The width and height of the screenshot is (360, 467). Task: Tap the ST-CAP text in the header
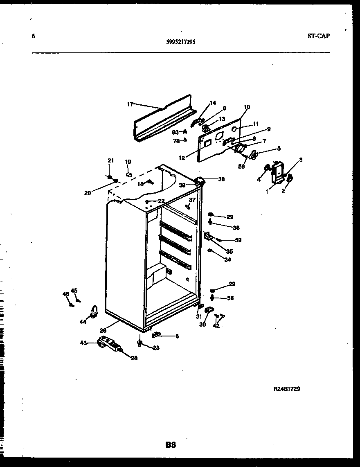(318, 36)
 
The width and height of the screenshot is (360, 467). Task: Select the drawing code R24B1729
(286, 389)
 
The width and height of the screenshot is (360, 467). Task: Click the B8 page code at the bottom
(171, 444)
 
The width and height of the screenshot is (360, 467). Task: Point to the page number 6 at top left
(33, 36)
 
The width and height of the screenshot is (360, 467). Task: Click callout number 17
(130, 104)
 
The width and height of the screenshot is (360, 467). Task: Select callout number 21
(110, 160)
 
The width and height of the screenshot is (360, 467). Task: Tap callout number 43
(84, 343)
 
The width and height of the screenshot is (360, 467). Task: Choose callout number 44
(83, 322)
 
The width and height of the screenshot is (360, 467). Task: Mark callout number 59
(238, 240)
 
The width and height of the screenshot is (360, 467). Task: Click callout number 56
(230, 298)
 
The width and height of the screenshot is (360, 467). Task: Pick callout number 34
(228, 259)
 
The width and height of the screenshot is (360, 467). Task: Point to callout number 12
(182, 157)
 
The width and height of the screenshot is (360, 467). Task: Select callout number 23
(156, 348)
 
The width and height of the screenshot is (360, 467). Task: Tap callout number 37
(192, 200)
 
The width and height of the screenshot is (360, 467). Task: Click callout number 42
(216, 326)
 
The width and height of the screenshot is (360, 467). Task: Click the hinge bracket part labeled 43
(108, 343)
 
